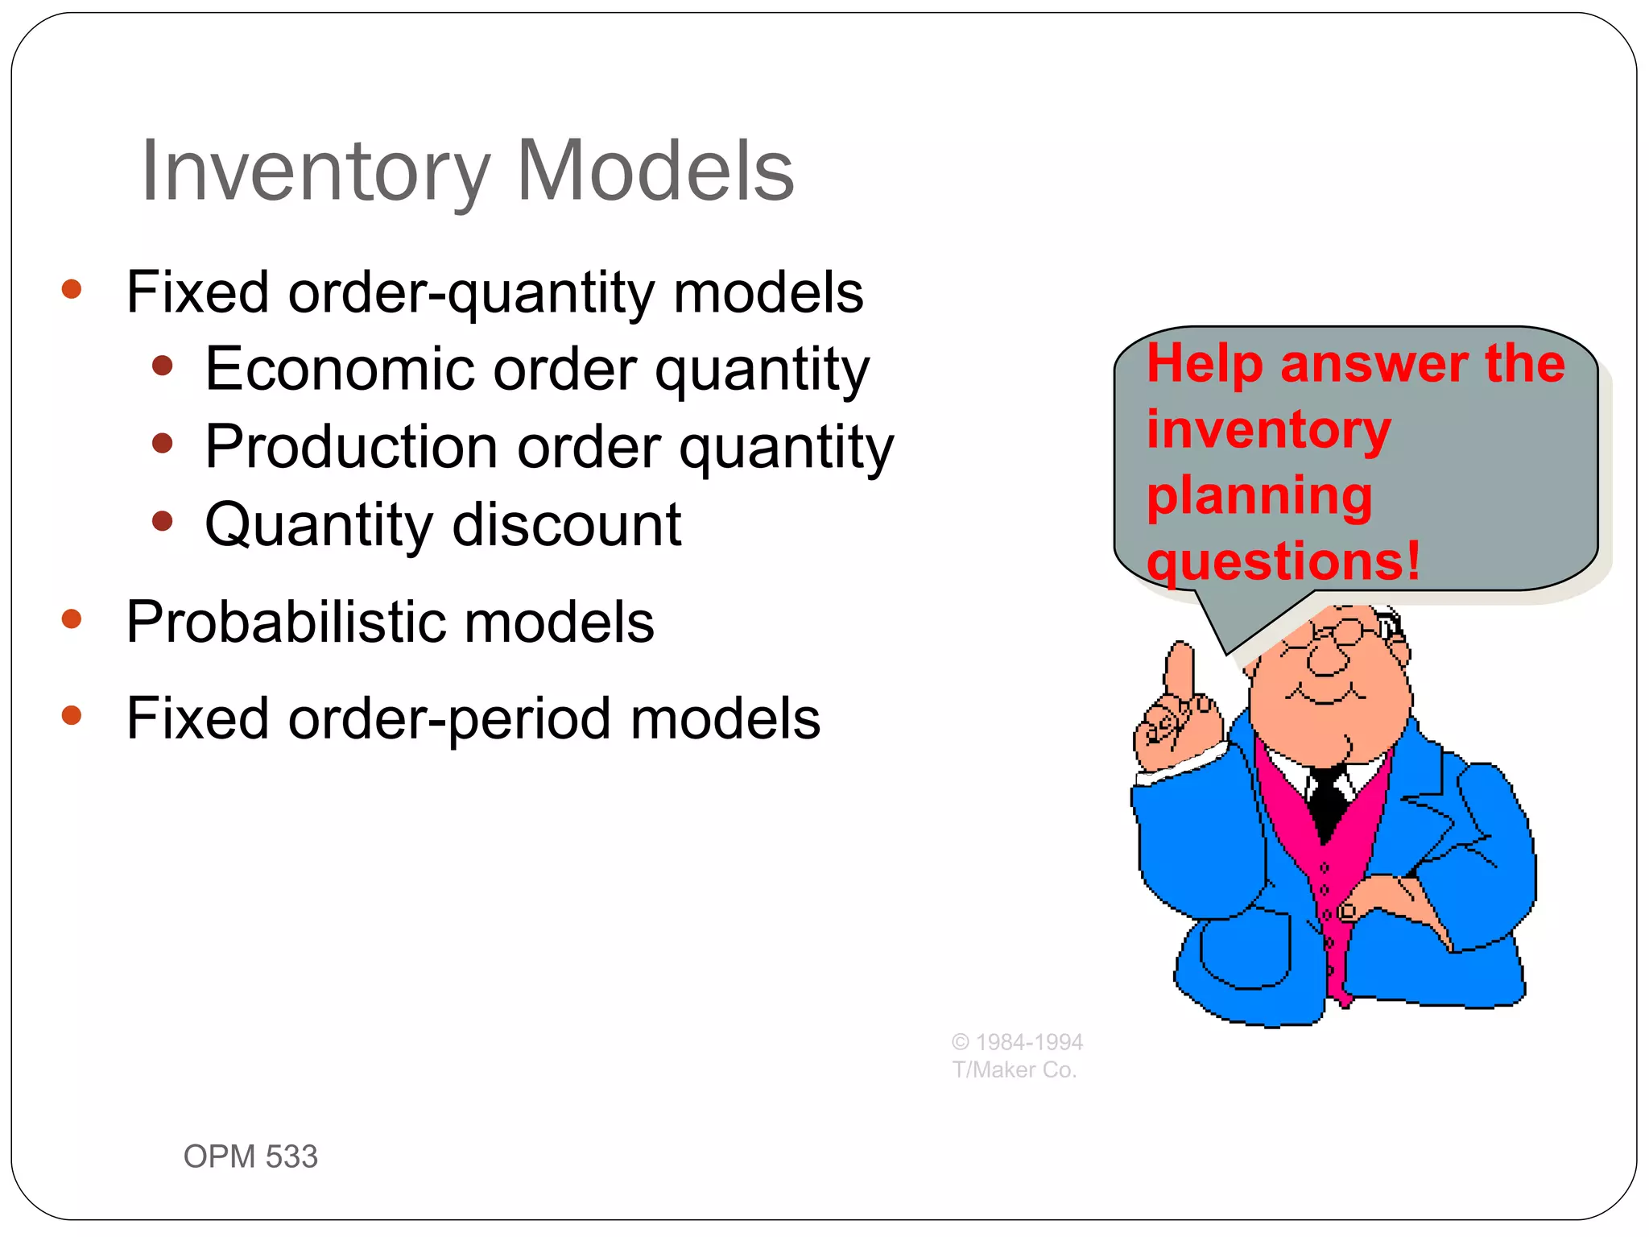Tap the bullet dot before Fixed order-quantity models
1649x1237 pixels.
coord(72,289)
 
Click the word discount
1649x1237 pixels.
coord(567,524)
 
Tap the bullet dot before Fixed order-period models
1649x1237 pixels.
coord(72,714)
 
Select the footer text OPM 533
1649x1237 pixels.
coord(250,1156)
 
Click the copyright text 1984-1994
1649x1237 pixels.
coord(1028,1042)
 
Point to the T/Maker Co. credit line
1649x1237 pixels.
coord(1014,1069)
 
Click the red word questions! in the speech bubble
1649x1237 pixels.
coord(1283,561)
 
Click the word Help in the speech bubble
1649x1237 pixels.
coord(1205,363)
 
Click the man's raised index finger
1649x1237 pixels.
coord(1180,668)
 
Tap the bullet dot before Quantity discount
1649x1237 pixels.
coord(163,521)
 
